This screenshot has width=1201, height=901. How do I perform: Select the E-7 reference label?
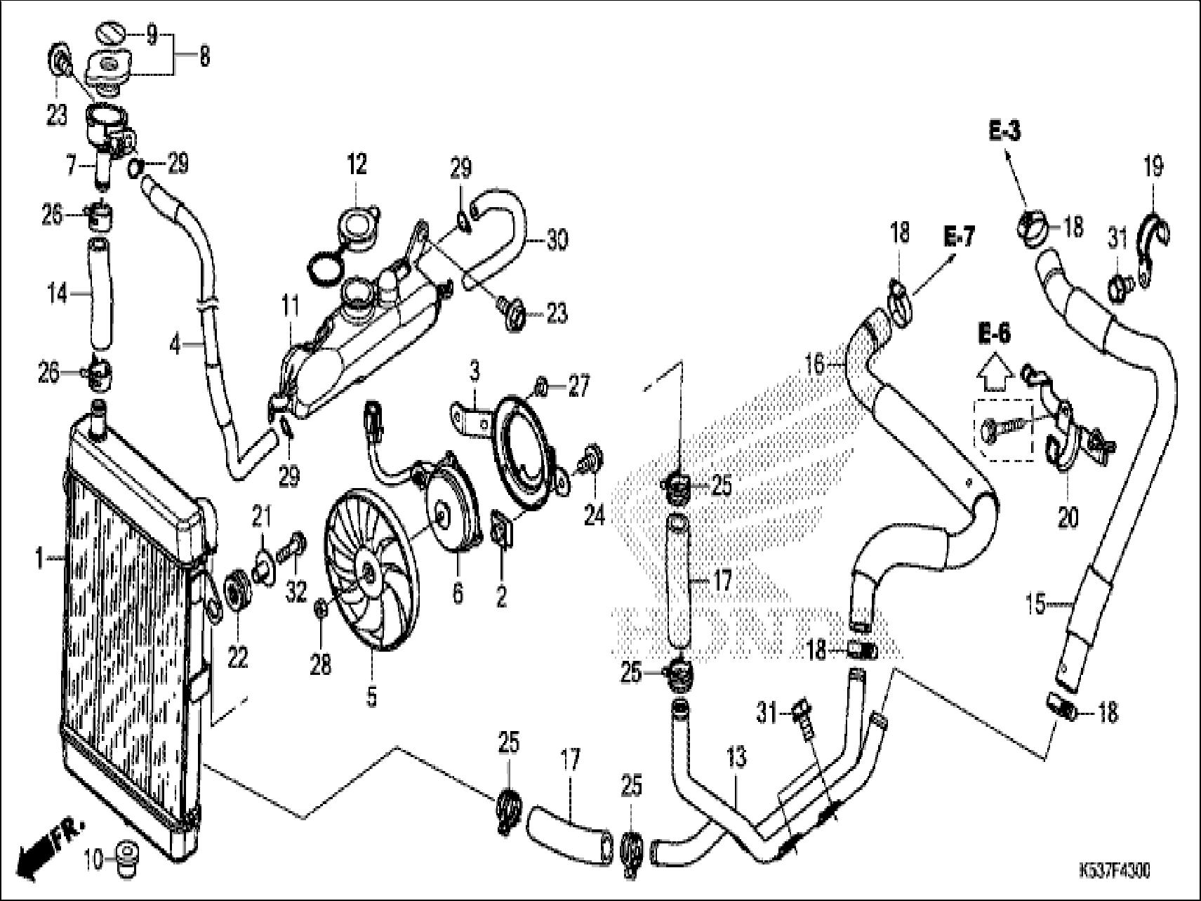[959, 237]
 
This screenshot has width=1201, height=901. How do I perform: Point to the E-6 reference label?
[994, 335]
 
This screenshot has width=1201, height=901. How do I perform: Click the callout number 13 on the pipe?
[737, 758]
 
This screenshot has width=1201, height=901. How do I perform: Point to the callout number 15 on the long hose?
[1035, 604]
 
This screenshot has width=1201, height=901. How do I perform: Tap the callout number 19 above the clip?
[1153, 166]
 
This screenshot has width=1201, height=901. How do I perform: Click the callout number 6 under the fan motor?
[458, 594]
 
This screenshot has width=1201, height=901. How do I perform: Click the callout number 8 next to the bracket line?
[204, 55]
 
